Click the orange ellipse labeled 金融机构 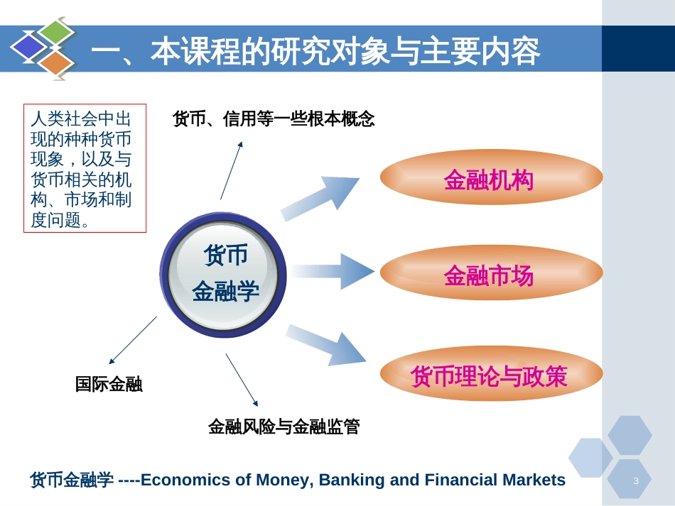click(x=491, y=177)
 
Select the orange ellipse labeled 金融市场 click(x=491, y=273)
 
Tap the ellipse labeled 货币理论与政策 click(x=491, y=373)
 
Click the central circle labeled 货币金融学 click(x=223, y=274)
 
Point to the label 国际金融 click(x=109, y=384)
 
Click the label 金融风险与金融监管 click(x=283, y=427)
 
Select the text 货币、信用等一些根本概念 click(x=274, y=119)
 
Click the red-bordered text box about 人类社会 click(x=85, y=168)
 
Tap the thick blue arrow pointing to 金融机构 click(x=320, y=198)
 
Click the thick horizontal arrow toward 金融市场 click(x=332, y=271)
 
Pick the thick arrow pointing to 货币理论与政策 click(x=326, y=345)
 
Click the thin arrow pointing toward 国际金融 click(x=133, y=341)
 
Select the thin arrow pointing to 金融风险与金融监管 click(x=242, y=380)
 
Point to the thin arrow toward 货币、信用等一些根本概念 click(x=232, y=170)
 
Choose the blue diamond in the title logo click(x=28, y=47)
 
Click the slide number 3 click(x=636, y=480)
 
